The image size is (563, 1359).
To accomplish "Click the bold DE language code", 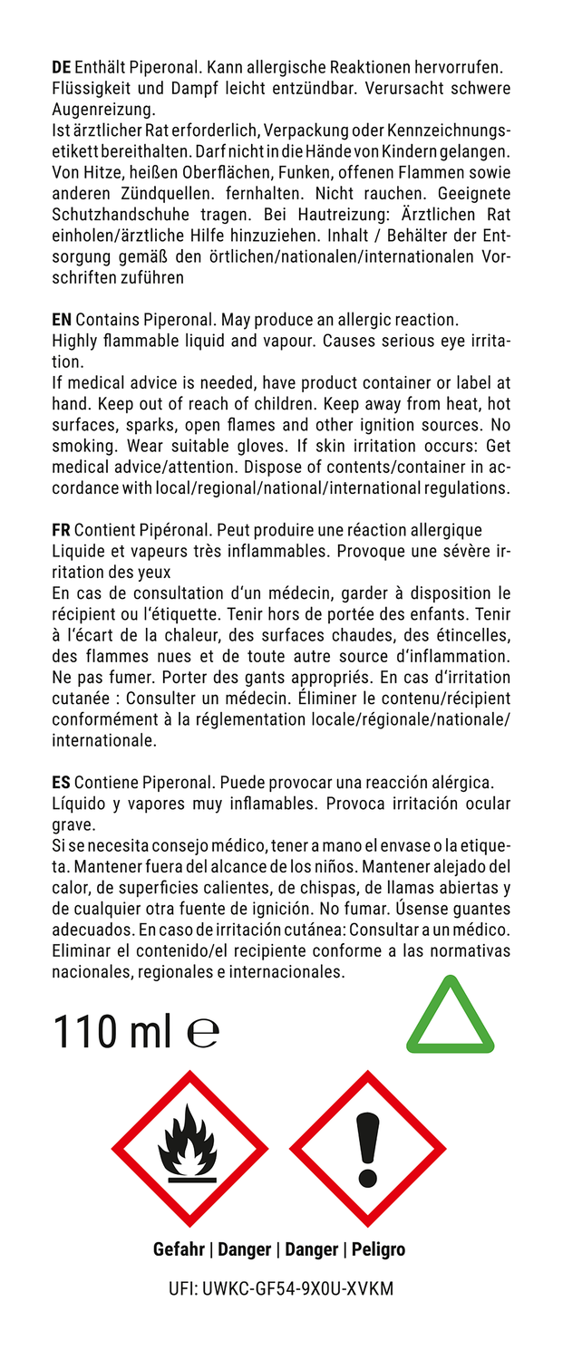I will tap(62, 67).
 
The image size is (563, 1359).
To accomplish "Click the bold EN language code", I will tap(63, 320).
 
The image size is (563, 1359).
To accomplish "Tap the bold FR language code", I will tap(62, 529).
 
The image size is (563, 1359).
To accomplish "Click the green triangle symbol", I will tap(451, 1016).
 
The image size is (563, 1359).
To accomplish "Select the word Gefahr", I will tap(179, 1249).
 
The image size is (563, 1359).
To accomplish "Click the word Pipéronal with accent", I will tap(167, 529).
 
